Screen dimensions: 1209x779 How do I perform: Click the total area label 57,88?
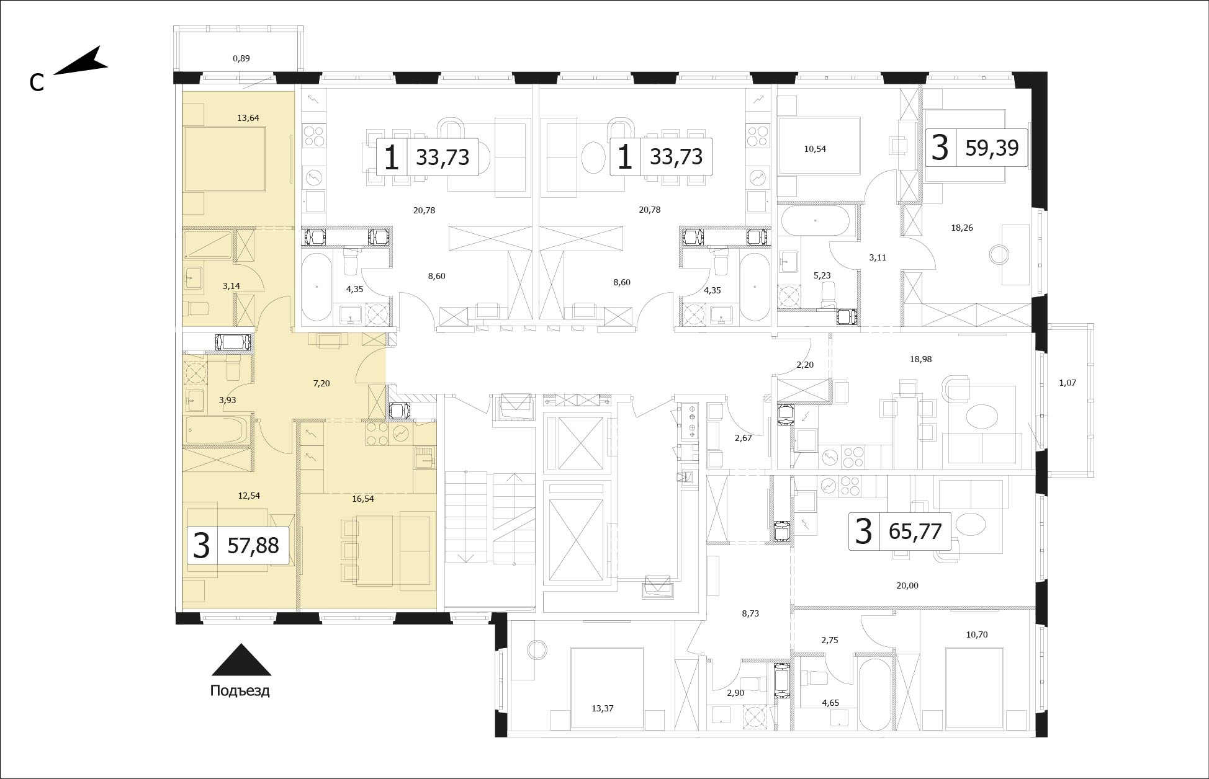[x=253, y=546]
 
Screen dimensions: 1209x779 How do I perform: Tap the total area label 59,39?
[x=992, y=148]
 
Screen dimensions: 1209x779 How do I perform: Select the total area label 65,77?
[x=915, y=532]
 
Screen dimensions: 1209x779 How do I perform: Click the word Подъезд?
[x=240, y=691]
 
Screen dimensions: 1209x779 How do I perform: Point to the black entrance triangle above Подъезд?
[x=241, y=660]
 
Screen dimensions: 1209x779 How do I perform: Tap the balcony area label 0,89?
[x=241, y=58]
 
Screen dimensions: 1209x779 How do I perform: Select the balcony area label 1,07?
[x=1067, y=383]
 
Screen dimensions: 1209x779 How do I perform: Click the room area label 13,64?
[x=248, y=118]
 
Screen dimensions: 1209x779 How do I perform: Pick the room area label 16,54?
[x=362, y=498]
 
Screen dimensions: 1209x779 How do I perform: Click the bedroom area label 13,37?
[x=602, y=708]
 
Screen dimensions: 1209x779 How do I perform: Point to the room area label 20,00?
[x=907, y=585]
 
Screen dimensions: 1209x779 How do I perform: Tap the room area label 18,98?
[x=920, y=359]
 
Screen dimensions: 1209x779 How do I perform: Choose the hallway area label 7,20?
[x=321, y=384]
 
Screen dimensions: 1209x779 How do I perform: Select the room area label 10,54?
[x=815, y=149]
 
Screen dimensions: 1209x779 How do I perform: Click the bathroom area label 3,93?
[x=227, y=400]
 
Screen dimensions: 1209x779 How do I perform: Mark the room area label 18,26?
[x=962, y=228]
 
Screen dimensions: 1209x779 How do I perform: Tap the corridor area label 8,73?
[x=750, y=613]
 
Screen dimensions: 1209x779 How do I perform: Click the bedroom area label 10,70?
[x=977, y=634]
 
